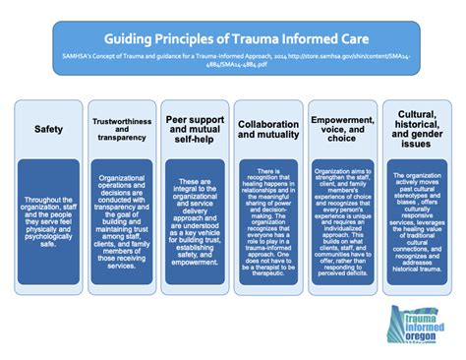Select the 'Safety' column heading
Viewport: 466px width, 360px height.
49,129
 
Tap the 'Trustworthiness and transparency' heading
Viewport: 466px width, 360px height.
121,128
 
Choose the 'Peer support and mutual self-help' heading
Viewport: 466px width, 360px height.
194,129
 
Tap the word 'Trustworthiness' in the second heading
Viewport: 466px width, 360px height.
121,121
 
